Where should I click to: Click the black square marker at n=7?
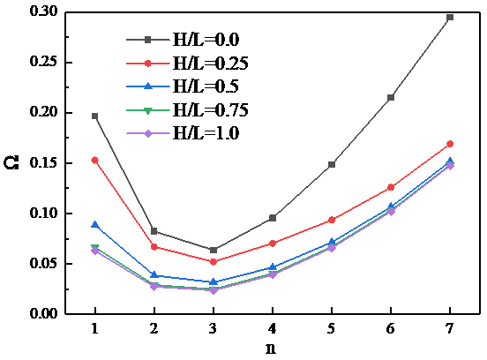pyautogui.click(x=450, y=17)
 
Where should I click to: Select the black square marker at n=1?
pyautogui.click(x=94, y=116)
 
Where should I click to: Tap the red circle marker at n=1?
pyautogui.click(x=94, y=160)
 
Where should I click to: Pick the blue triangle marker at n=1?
pyautogui.click(x=94, y=225)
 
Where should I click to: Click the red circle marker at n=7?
pyautogui.click(x=450, y=143)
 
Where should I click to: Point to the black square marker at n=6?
pyautogui.click(x=391, y=97)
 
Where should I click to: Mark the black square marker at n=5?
pyautogui.click(x=332, y=164)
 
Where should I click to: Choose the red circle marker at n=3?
pyautogui.click(x=213, y=261)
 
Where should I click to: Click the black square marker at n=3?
pyautogui.click(x=213, y=250)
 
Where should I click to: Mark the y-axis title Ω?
pyautogui.click(x=11, y=163)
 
